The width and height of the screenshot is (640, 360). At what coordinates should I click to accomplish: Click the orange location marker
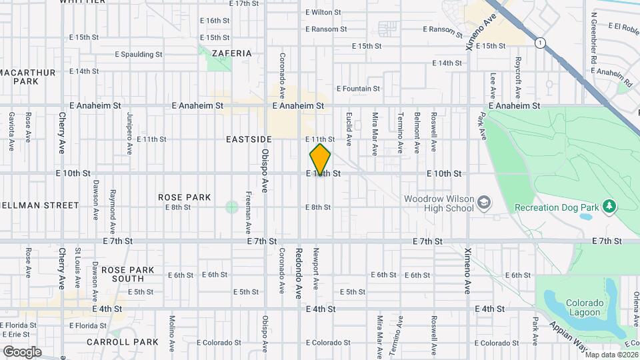tap(320, 160)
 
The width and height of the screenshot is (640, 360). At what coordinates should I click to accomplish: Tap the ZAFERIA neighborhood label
tap(231, 53)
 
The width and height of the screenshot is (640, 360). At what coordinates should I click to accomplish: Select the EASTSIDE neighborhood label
tap(249, 139)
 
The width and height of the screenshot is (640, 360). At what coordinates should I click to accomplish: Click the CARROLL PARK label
tap(123, 342)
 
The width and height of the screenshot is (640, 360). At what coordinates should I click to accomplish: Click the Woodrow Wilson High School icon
tap(484, 202)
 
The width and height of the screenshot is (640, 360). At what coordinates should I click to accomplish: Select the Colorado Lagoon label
tap(585, 307)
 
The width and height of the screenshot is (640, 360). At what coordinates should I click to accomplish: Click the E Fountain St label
tap(358, 89)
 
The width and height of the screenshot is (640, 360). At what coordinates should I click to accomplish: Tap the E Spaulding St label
tap(138, 54)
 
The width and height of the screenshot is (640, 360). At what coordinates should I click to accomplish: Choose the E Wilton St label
tap(323, 12)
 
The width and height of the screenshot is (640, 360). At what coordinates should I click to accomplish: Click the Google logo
tap(22, 351)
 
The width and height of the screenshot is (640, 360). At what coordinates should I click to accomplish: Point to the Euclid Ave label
tap(349, 129)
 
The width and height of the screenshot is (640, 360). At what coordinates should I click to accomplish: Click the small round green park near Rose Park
tap(231, 207)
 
